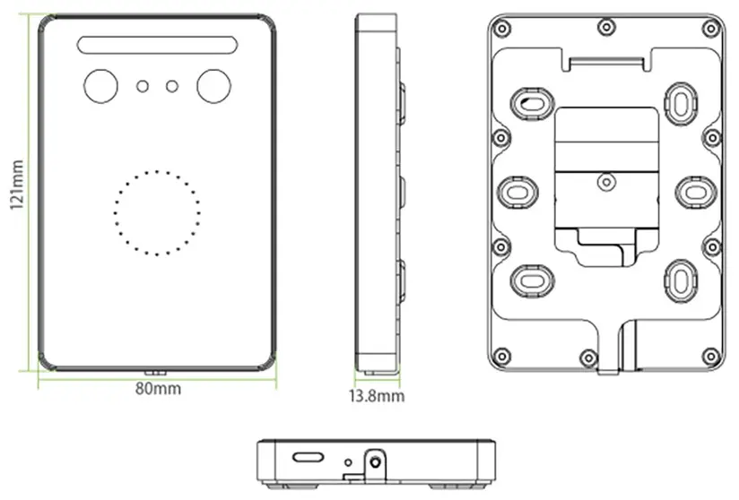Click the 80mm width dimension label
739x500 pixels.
click(158, 389)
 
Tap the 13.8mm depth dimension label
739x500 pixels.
click(377, 395)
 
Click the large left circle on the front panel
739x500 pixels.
click(100, 86)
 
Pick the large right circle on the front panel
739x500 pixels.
click(213, 86)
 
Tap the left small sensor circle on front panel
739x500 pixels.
click(142, 86)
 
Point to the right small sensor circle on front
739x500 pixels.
click(172, 86)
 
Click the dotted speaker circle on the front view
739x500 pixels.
click(157, 212)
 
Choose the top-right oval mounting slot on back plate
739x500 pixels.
click(681, 101)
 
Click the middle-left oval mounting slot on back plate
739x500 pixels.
click(517, 191)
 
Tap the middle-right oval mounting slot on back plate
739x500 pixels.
click(695, 191)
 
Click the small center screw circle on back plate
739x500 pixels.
click(606, 182)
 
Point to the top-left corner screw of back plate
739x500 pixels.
click(503, 29)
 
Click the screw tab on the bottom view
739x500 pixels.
click(374, 463)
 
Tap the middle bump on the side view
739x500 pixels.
click(401, 193)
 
